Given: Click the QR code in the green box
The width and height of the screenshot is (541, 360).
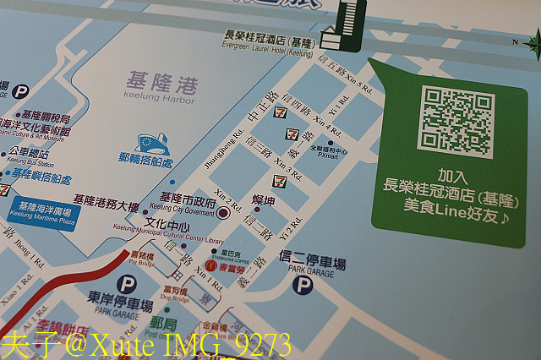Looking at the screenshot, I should (457, 122).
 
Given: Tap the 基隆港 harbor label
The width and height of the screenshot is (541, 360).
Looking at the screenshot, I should (160, 83).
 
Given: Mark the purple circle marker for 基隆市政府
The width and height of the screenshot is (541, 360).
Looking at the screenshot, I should (222, 215).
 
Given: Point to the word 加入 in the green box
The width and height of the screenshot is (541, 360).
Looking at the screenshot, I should (452, 177).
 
